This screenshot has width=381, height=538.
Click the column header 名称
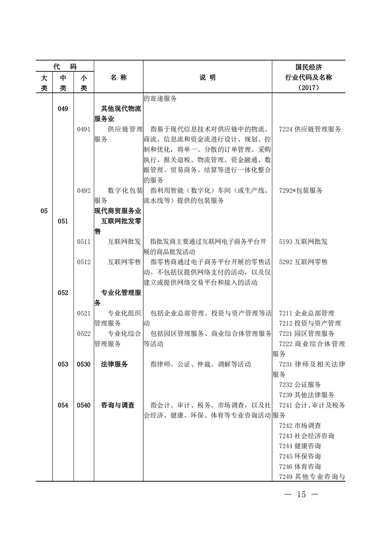[118, 78]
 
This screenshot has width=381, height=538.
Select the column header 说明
[208, 78]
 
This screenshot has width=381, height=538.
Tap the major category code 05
[44, 211]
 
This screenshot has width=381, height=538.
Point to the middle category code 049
[63, 109]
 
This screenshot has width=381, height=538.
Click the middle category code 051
[63, 221]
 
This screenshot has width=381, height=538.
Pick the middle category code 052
[63, 292]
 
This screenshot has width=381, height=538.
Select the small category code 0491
[84, 129]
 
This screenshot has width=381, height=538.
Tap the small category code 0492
[84, 190]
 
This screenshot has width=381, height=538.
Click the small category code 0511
[84, 241]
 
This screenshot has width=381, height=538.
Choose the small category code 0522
[84, 333]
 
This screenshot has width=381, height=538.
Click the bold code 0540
[84, 405]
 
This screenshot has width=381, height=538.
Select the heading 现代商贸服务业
[118, 211]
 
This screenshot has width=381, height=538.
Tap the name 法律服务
[114, 364]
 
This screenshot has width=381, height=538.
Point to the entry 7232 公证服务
[300, 385]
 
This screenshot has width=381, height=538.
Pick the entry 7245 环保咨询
[300, 456]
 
